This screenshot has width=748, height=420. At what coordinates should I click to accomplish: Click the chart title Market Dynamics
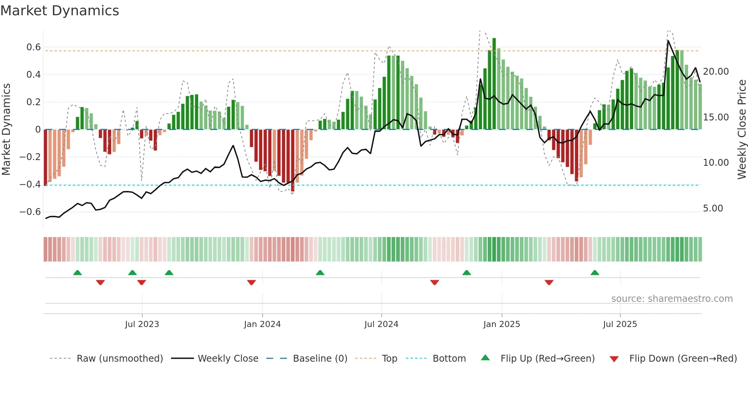pos(60,11)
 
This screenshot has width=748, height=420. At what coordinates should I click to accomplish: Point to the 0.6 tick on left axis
pos(33,47)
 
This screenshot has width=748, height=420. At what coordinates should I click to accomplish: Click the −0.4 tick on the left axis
pos(30,184)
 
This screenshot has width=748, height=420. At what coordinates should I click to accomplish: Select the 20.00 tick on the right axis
pos(716,72)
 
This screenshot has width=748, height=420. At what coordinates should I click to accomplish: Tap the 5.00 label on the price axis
pos(713,208)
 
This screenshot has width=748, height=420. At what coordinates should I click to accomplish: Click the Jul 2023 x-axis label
pos(142,324)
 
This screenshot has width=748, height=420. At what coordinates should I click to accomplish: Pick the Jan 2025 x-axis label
pos(501,324)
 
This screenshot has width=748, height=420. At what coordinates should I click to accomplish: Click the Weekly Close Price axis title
pos(742,130)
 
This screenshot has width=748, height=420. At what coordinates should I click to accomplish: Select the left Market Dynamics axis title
pos(6,130)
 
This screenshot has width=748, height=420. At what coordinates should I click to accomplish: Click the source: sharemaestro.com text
pos(672,299)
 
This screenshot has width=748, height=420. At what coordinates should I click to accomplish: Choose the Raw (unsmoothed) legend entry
pos(119,359)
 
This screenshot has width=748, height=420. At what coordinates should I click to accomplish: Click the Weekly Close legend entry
pos(228,359)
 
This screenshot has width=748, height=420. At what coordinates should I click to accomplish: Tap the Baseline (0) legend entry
pos(320,359)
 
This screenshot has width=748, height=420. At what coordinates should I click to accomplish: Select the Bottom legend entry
pos(449,359)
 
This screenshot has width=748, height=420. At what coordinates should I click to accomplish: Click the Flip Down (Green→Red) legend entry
pos(683,359)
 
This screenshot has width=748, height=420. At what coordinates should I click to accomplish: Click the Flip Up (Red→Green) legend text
pos(547,359)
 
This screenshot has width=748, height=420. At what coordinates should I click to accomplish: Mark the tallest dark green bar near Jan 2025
pos(494,84)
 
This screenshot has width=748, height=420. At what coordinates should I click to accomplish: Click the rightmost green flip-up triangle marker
pos(595,273)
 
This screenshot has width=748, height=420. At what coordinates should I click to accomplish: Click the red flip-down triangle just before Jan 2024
pos(251,282)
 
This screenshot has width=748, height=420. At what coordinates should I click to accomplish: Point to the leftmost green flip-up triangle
pos(77,273)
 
